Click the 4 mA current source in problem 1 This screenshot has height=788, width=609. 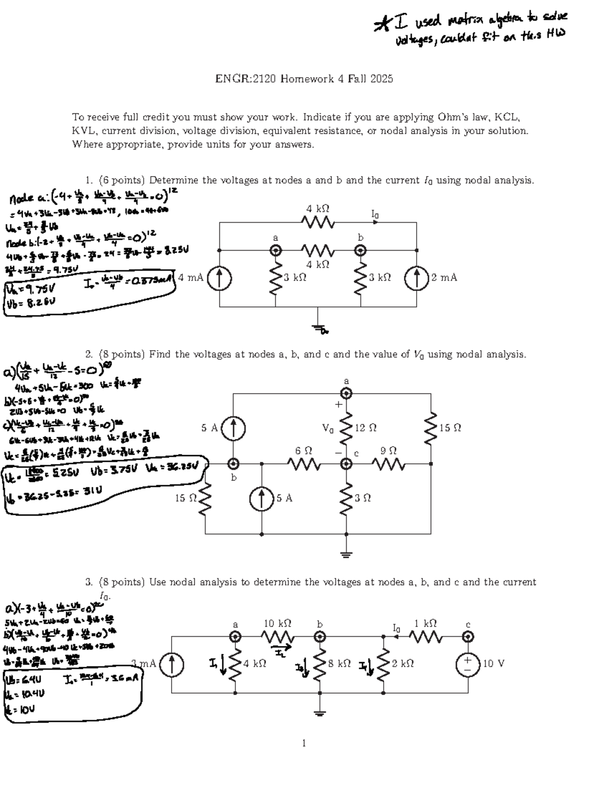pos(219,278)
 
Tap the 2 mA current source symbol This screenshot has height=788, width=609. pos(417,278)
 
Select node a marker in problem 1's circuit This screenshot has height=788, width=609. pos(276,250)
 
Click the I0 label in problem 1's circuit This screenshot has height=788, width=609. pos(375,215)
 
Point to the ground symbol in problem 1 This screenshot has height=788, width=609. pos(318,329)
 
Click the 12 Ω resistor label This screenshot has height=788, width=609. pos(365,428)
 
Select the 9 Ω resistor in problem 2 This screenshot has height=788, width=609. pos(388,463)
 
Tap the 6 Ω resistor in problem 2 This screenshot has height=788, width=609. pos(303,463)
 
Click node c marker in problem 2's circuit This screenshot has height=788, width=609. pos(346,463)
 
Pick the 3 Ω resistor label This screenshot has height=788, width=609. pos(363,498)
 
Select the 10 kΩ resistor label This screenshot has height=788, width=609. pos(278,623)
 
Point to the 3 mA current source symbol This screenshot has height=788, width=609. pos(172,664)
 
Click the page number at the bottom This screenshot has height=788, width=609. pos(304,743)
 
